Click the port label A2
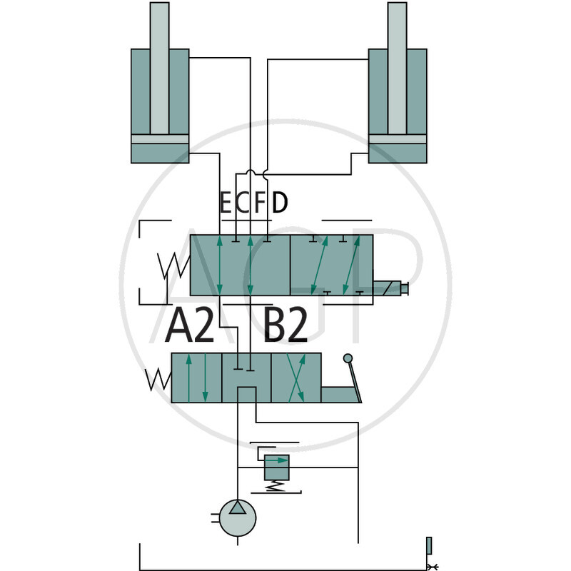pyautogui.click(x=189, y=325)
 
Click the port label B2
pyautogui.click(x=285, y=325)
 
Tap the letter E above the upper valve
pyautogui.click(x=226, y=203)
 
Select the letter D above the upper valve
pyautogui.click(x=280, y=203)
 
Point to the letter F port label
pyautogui.click(x=260, y=203)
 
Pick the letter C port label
pyautogui.click(x=242, y=203)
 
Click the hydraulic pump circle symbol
pyautogui.click(x=238, y=518)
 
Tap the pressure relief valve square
pyautogui.click(x=277, y=468)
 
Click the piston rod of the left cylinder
pyautogui.click(x=159, y=68)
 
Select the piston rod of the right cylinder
pyautogui.click(x=398, y=68)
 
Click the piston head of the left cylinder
pyautogui.click(x=160, y=139)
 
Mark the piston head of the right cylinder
pyautogui.click(x=398, y=139)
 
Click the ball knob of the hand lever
pyautogui.click(x=348, y=358)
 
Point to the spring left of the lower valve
pyautogui.click(x=158, y=380)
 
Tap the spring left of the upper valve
pyautogui.click(x=173, y=266)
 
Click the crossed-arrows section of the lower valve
pyautogui.click(x=296, y=378)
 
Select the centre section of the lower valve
pyautogui.click(x=246, y=378)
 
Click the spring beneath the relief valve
pyautogui.click(x=276, y=486)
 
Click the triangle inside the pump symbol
pyautogui.click(x=238, y=507)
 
